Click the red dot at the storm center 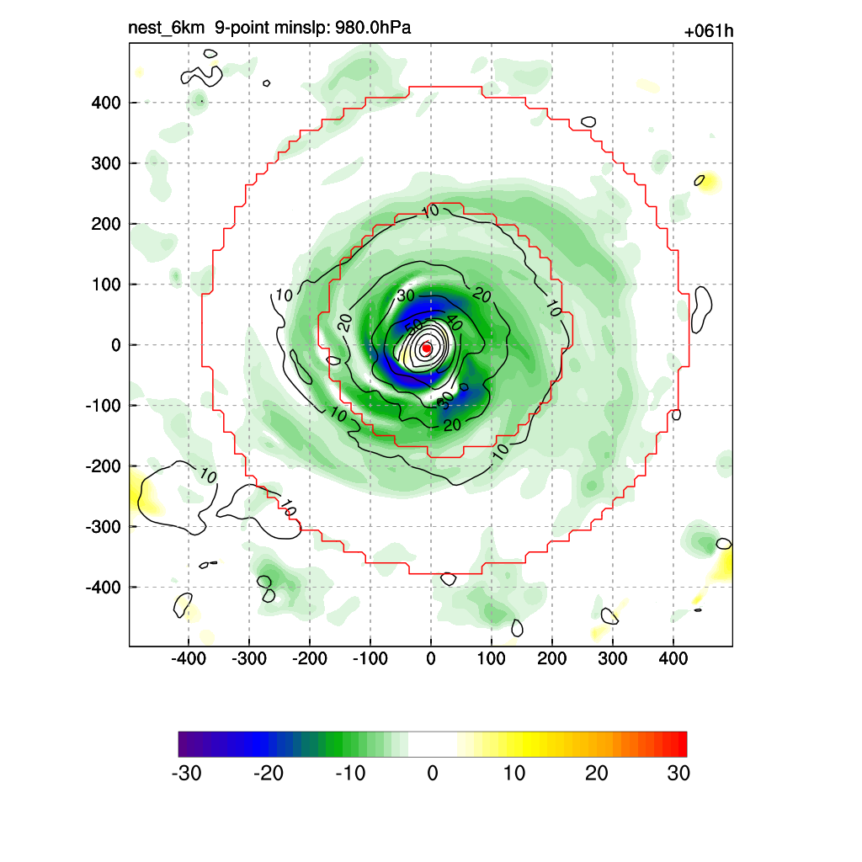coord(426,348)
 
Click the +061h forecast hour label coord(708,32)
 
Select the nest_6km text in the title coord(166,29)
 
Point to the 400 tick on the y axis coord(107,103)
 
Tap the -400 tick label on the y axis coord(104,587)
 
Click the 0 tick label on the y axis coord(115,345)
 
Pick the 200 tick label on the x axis coord(552,657)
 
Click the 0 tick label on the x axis coord(431,657)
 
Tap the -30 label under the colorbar coord(186,774)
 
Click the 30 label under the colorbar coord(678,774)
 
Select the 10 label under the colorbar coord(514,774)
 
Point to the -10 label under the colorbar coord(350,774)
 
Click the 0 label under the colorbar coord(433,774)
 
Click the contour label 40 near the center coord(454,323)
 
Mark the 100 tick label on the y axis coord(107,285)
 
